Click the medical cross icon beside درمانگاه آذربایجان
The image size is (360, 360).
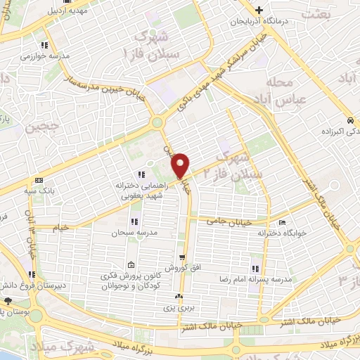(259, 11)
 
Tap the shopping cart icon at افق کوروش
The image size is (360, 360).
(182, 258)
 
